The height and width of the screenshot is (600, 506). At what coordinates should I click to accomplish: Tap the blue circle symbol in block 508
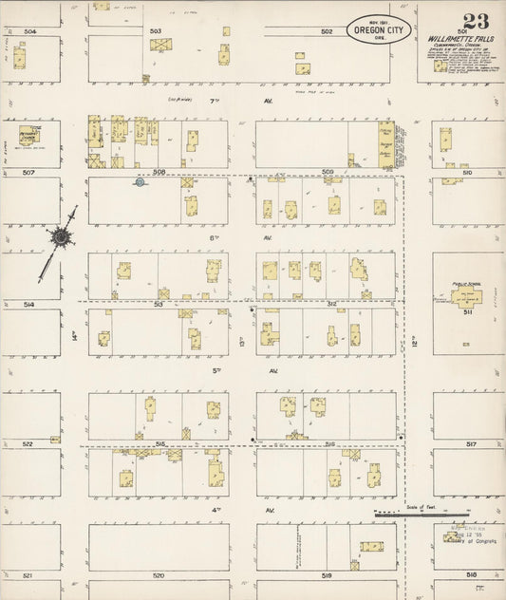[x=140, y=183]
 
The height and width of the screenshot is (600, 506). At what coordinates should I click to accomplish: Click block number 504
[x=29, y=31]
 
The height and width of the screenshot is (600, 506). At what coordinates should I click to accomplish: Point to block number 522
[x=28, y=443]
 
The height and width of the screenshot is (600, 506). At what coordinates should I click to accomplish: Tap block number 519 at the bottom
[x=327, y=576]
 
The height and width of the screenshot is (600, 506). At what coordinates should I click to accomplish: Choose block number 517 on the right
[x=471, y=443]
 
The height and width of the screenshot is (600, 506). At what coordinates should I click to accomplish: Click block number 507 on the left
[x=29, y=173]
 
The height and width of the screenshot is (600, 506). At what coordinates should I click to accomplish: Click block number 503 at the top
[x=156, y=31]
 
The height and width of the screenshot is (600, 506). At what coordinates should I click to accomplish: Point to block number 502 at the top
[x=327, y=31]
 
